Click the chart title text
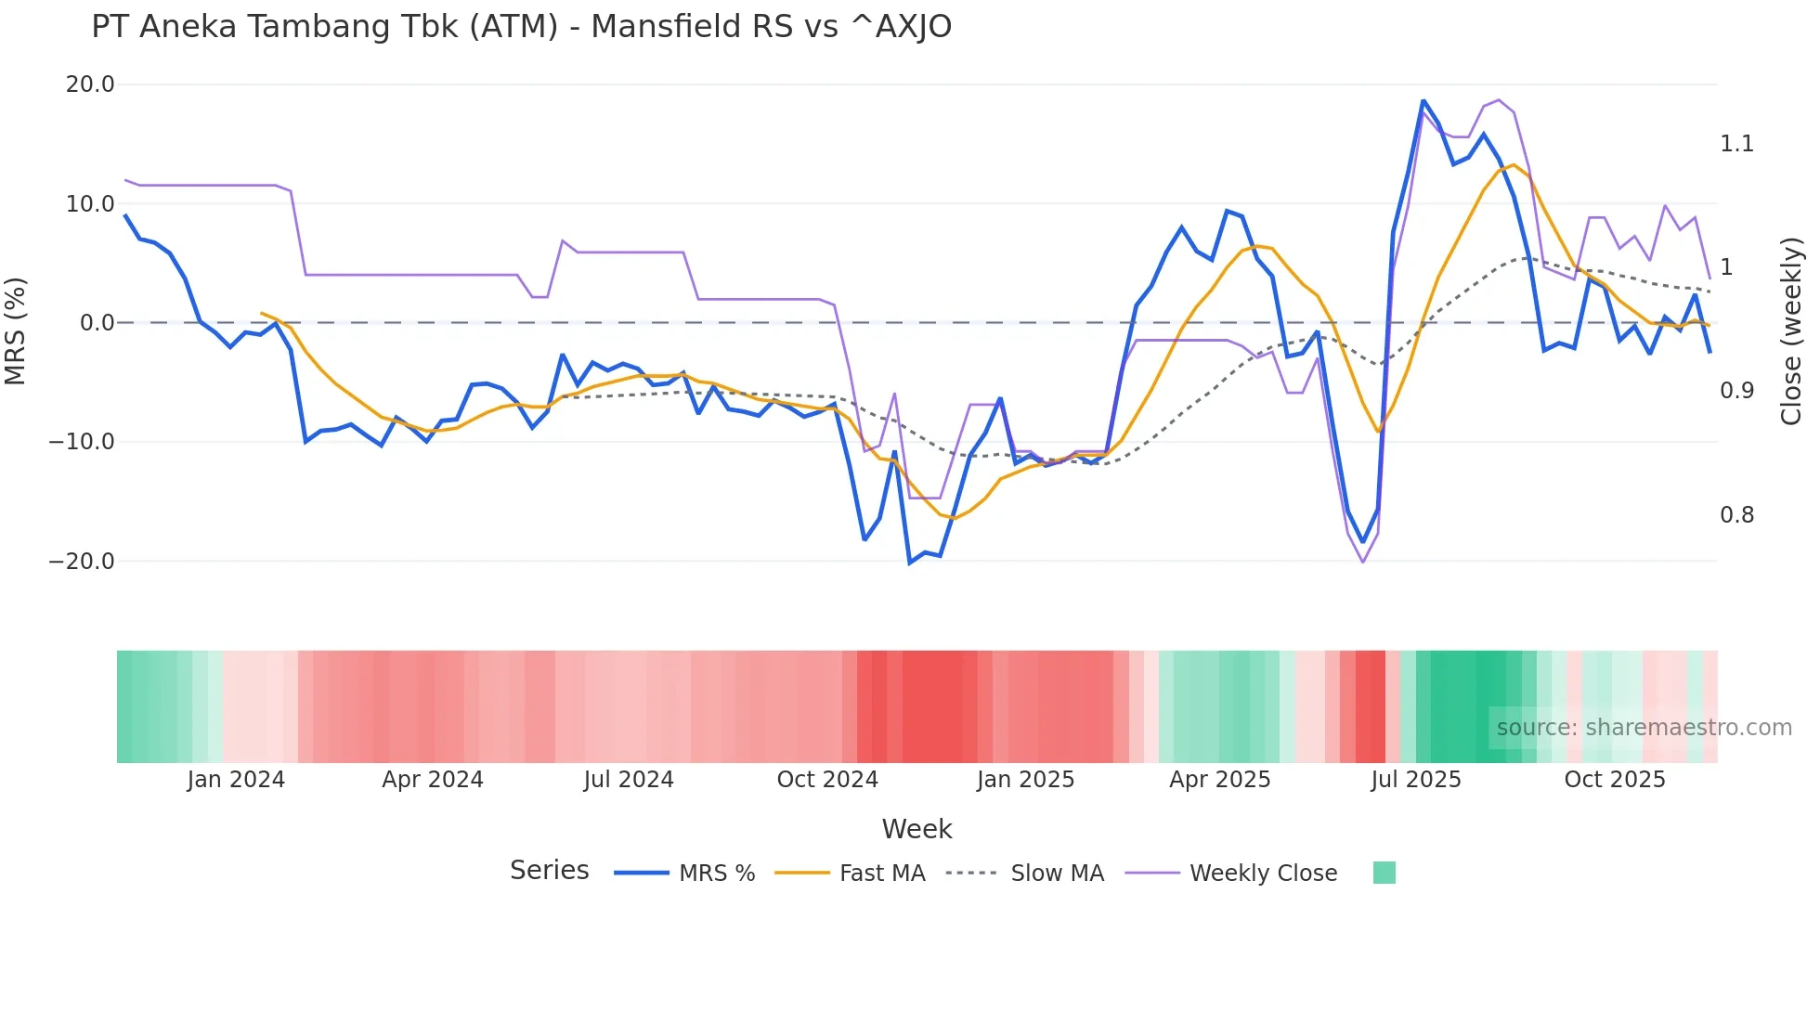point(521,27)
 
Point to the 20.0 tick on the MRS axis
point(90,84)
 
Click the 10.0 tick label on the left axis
point(90,204)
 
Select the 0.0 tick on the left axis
point(97,323)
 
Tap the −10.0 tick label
point(82,442)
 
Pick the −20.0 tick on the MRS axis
point(82,562)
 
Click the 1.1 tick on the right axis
point(1736,144)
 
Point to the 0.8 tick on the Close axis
point(1736,515)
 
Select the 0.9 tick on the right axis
point(1736,391)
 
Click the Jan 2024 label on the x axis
point(236,780)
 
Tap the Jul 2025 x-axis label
point(1415,780)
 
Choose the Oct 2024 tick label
point(827,780)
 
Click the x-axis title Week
point(916,829)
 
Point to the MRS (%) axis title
point(16,330)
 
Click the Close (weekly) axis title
point(1791,330)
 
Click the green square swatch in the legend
point(1384,873)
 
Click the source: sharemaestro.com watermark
point(1644,728)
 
